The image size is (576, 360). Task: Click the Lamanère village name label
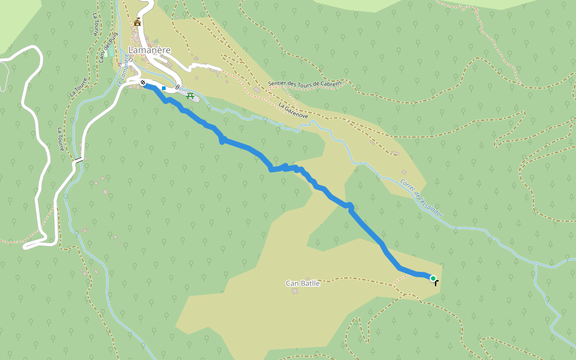[x=150, y=50]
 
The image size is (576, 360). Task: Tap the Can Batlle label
[x=302, y=283]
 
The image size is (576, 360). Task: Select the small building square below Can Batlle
[x=295, y=291]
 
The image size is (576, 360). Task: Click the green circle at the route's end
[x=433, y=278]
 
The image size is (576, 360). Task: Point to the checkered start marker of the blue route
[x=143, y=82]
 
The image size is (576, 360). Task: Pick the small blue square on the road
[x=164, y=88]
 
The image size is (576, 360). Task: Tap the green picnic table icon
[x=190, y=95]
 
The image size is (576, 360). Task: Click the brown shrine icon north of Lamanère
[x=137, y=22]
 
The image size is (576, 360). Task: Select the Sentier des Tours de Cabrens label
[x=305, y=84]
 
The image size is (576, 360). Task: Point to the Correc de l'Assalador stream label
[x=421, y=197]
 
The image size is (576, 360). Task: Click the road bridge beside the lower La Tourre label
[x=79, y=161]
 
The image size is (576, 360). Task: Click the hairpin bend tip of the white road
[x=25, y=246]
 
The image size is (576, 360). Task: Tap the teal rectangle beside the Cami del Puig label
[x=111, y=51]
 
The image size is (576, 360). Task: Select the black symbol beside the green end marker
[x=436, y=282]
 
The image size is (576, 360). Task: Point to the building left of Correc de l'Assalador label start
[x=404, y=172]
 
